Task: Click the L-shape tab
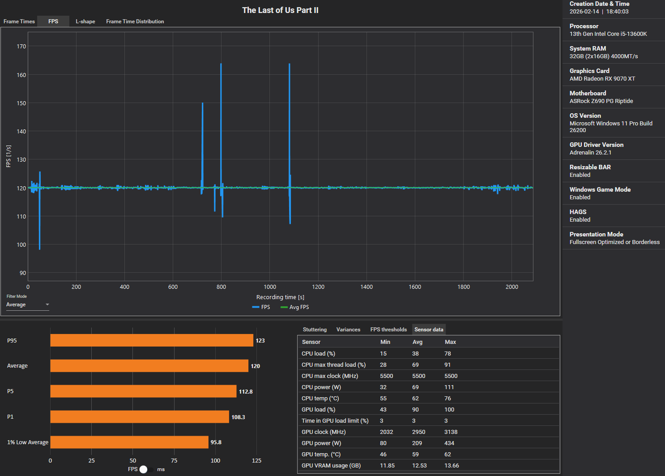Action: pyautogui.click(x=85, y=21)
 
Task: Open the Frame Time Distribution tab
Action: pyautogui.click(x=135, y=21)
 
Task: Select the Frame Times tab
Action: pyautogui.click(x=19, y=21)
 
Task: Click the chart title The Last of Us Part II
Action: pyautogui.click(x=280, y=10)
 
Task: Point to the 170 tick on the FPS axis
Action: pyautogui.click(x=21, y=47)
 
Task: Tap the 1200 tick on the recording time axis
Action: pyautogui.click(x=318, y=287)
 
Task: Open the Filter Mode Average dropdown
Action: pyautogui.click(x=27, y=304)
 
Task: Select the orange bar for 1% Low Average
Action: pyautogui.click(x=129, y=442)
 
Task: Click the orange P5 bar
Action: pyautogui.click(x=143, y=391)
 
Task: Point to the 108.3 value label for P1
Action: pyautogui.click(x=238, y=417)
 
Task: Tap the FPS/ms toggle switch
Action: pyautogui.click(x=146, y=469)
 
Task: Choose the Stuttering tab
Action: pyautogui.click(x=315, y=330)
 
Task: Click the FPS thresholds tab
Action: pyautogui.click(x=388, y=330)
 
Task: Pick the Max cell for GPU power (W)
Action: pyautogui.click(x=449, y=443)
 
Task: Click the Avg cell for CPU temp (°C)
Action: pyautogui.click(x=415, y=399)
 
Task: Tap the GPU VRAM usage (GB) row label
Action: pyautogui.click(x=331, y=466)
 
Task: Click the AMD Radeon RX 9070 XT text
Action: pyautogui.click(x=602, y=79)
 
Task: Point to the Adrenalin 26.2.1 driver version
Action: pyautogui.click(x=590, y=153)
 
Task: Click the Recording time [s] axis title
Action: pyautogui.click(x=280, y=297)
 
